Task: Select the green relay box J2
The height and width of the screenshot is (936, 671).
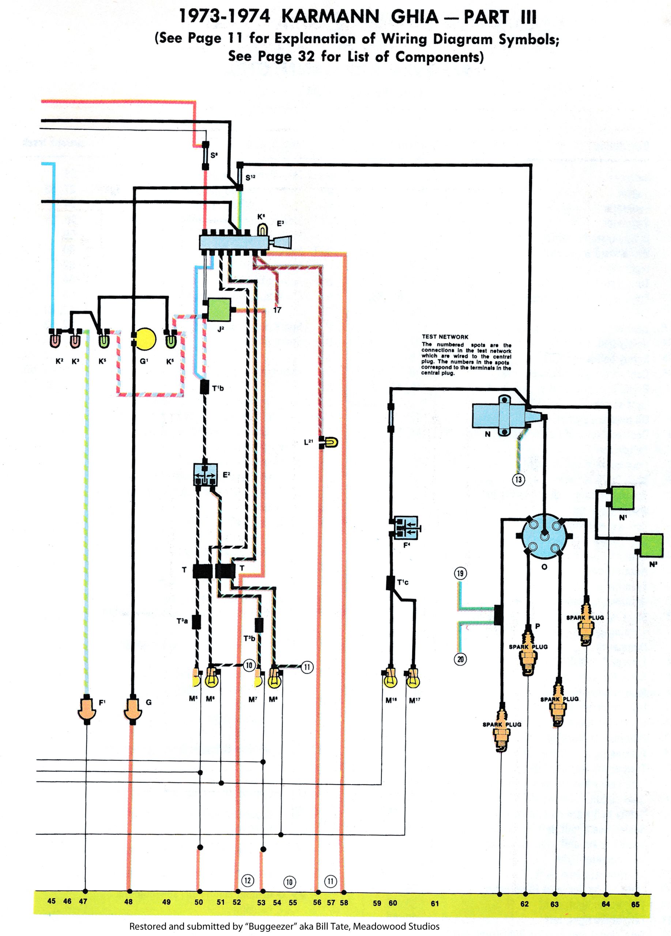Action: [219, 310]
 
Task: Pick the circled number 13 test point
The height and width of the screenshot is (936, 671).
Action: [519, 480]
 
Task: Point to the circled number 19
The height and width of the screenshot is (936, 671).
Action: [460, 573]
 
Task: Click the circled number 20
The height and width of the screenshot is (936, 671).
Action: [460, 659]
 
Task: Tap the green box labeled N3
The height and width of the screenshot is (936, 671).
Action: [651, 546]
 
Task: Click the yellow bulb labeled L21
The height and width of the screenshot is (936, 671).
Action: [331, 442]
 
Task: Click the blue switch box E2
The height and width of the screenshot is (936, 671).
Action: [205, 475]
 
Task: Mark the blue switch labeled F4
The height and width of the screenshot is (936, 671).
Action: [407, 528]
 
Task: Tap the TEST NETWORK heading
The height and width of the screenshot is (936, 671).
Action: [445, 337]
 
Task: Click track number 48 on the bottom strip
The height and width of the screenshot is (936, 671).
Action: [128, 902]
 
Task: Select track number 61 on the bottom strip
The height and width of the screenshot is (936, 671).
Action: [434, 903]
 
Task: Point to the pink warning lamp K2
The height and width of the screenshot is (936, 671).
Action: [54, 341]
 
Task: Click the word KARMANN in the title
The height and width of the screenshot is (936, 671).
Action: [330, 17]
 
